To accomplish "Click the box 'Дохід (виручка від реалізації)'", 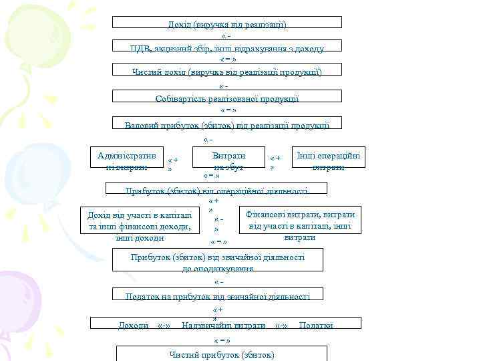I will point(227,23).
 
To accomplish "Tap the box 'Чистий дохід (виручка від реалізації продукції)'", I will point(227,70).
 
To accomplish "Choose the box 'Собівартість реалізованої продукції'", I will point(227,96).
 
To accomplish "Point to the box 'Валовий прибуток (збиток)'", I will point(227,124).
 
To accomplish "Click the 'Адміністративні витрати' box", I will point(127,160).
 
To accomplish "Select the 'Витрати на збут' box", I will point(228,160).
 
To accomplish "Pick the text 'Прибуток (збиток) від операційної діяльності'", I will point(216,191).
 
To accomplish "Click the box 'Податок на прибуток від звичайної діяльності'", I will point(218,295).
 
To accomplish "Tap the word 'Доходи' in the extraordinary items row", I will point(134,325).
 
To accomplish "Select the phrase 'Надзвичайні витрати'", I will point(223,325).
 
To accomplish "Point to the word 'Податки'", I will point(315,325).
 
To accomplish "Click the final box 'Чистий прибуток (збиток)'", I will point(222,354).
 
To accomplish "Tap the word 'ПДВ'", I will point(141,48).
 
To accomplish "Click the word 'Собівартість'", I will point(180,98).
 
